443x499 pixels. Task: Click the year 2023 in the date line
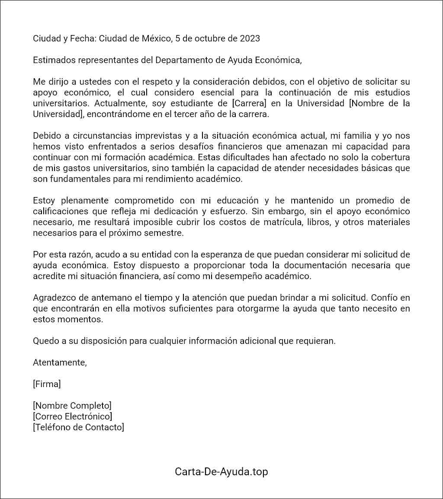click(250, 38)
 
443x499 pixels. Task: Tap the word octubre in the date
click(209, 38)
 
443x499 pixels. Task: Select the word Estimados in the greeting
click(54, 60)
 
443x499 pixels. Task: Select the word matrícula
click(285, 222)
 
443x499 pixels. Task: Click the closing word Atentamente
click(60, 362)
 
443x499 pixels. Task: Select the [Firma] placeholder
click(47, 384)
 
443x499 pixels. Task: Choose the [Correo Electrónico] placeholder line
click(72, 416)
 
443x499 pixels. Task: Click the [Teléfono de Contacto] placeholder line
click(78, 427)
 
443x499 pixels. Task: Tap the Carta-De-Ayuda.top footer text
click(221, 471)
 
